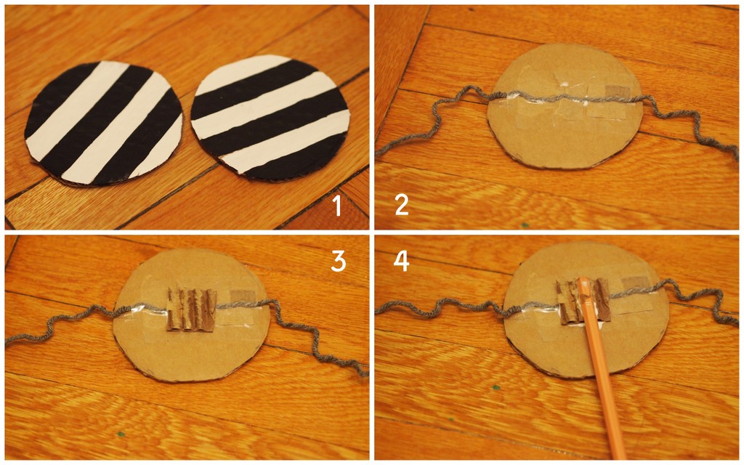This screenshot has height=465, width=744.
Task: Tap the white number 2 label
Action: click(x=401, y=205)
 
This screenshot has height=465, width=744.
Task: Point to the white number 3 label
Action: click(x=338, y=261)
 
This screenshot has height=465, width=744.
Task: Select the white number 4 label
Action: click(x=401, y=261)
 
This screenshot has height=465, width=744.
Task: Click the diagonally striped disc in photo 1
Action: click(x=104, y=124)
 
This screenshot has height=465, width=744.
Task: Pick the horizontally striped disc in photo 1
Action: click(x=270, y=118)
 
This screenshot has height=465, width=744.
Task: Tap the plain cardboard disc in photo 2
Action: click(x=565, y=106)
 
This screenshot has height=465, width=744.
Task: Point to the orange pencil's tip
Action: click(x=582, y=280)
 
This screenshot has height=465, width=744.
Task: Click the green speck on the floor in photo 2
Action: click(x=525, y=225)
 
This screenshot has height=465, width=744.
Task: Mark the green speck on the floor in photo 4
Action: click(x=496, y=388)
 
